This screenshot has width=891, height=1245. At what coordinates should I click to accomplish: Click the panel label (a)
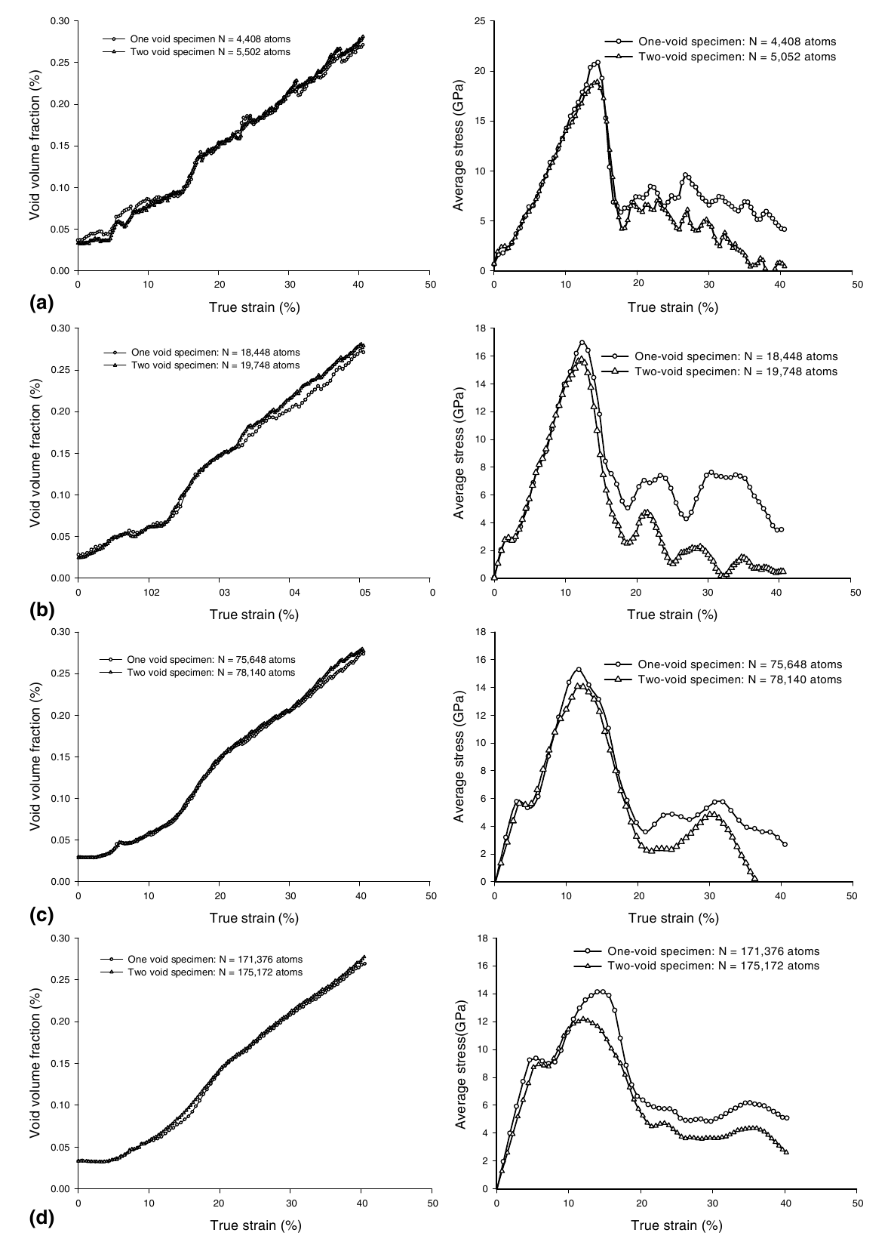[40, 303]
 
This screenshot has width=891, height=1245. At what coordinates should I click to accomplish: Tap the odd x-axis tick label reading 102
[148, 593]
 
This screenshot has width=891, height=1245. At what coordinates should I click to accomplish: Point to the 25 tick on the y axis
[480, 21]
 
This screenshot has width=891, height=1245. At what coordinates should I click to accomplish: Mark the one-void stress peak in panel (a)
[598, 63]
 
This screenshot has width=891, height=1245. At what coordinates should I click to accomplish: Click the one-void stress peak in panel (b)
[582, 343]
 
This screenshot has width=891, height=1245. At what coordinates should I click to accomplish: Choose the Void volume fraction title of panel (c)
[35, 757]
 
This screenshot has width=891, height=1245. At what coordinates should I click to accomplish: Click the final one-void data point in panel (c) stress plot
[785, 844]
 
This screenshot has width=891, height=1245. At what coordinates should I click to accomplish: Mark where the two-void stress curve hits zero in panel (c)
[754, 880]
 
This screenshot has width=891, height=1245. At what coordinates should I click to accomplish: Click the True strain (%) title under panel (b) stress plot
[672, 614]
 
